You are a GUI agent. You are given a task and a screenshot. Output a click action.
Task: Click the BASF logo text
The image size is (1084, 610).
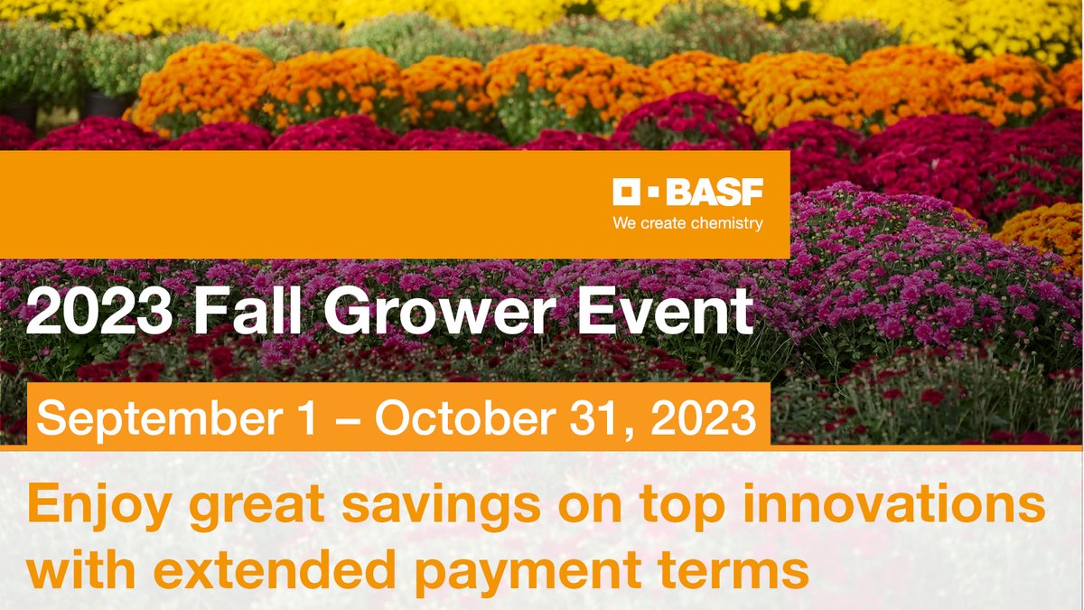point(715,192)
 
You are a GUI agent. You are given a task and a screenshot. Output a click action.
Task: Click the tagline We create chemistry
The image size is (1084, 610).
point(687,222)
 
